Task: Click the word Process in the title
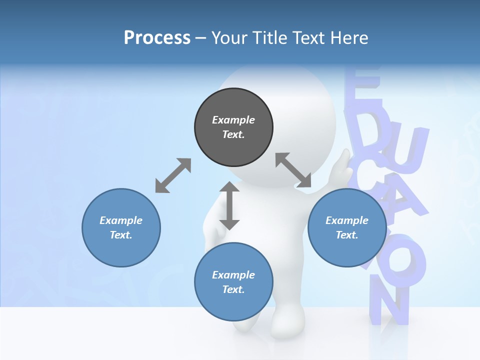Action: [157, 37]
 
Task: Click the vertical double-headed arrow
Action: [229, 205]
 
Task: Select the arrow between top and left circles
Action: [173, 175]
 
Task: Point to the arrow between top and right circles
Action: [293, 170]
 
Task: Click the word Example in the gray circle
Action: [233, 120]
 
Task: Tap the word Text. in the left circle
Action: [121, 235]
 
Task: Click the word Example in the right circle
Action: [347, 220]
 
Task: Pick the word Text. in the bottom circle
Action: [233, 289]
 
